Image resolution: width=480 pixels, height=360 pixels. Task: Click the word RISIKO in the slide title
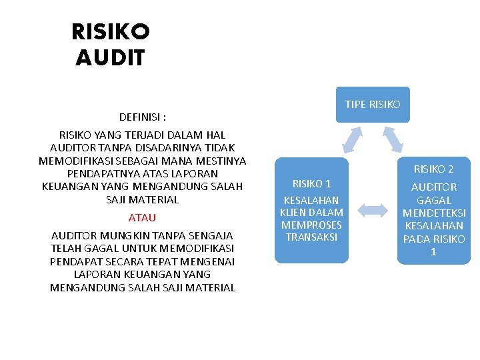click(111, 31)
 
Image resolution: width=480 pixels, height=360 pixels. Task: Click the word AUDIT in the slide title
click(110, 58)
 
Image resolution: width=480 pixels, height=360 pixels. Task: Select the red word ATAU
click(142, 217)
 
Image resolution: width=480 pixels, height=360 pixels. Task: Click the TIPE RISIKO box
click(373, 105)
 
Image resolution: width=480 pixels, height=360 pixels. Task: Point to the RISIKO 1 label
click(311, 183)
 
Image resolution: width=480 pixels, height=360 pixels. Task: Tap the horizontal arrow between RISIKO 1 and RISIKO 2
click(377, 211)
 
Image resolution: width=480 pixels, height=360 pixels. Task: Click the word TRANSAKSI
click(311, 237)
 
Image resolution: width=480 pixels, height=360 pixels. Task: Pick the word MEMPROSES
click(311, 225)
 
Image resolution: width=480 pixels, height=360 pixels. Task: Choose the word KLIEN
click(293, 212)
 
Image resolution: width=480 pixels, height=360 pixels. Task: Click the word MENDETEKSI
click(434, 213)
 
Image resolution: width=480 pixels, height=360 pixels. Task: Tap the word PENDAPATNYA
click(99, 173)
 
